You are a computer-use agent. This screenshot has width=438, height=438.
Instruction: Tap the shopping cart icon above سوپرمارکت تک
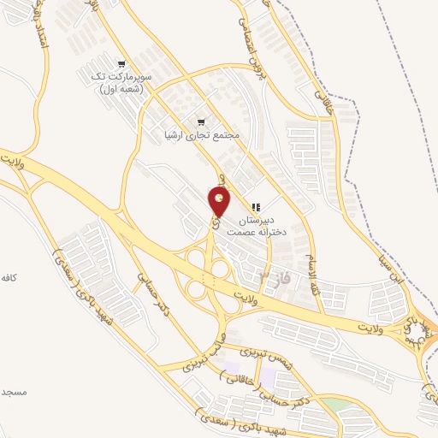(x=122, y=64)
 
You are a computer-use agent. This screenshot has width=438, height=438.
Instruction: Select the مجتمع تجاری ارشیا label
(x=202, y=135)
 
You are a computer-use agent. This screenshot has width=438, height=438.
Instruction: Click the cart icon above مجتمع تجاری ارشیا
(x=202, y=121)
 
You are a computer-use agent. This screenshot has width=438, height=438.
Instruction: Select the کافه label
(x=9, y=279)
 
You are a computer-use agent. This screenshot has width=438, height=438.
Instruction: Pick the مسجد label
(x=14, y=392)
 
